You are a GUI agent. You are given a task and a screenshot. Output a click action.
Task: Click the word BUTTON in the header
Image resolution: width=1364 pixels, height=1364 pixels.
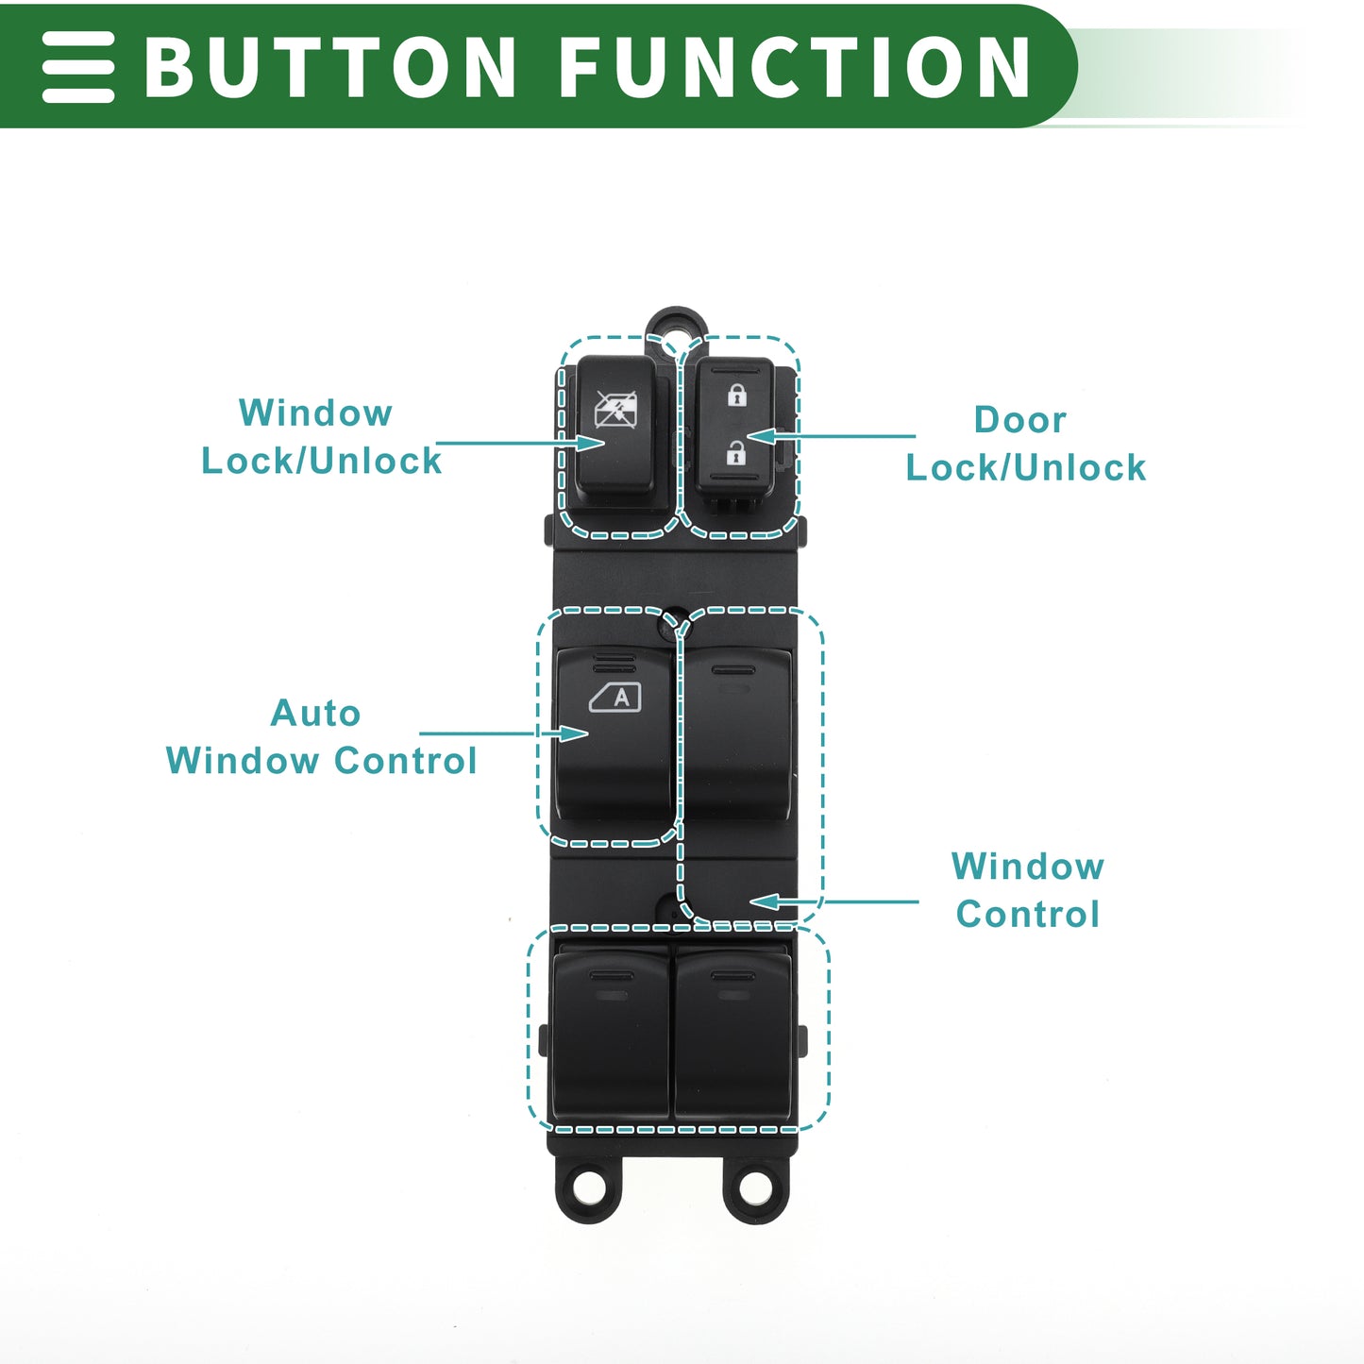(329, 67)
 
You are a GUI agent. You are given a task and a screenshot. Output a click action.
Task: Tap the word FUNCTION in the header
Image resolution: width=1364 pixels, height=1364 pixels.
(795, 67)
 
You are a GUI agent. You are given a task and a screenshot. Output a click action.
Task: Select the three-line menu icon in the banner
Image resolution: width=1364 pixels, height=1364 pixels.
(78, 67)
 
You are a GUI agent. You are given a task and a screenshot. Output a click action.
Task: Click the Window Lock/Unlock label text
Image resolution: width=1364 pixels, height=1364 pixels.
(320, 437)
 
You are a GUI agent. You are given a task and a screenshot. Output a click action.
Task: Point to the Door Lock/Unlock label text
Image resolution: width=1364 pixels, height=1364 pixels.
(1025, 444)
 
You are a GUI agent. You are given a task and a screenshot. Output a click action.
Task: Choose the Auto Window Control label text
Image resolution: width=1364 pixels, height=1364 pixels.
(321, 737)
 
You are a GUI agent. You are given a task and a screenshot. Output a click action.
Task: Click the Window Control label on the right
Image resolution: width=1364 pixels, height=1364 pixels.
(1027, 890)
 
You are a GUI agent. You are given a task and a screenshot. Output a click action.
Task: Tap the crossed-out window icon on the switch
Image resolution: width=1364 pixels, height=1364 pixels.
(615, 410)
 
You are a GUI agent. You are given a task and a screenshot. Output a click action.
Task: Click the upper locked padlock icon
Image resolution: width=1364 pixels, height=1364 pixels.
(737, 395)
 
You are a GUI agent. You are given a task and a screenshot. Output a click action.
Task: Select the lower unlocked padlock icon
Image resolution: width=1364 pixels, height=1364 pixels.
(736, 453)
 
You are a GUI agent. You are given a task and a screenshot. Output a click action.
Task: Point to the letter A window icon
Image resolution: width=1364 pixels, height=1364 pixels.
(615, 698)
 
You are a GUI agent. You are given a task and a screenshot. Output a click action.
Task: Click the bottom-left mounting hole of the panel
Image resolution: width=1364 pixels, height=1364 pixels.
(590, 1187)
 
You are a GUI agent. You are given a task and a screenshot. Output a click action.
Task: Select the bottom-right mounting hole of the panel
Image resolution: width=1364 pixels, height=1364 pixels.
(755, 1187)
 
